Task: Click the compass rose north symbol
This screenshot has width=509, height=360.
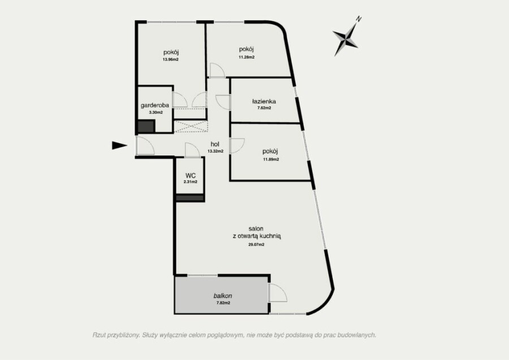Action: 346,37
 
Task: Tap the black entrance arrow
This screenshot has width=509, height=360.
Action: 119,145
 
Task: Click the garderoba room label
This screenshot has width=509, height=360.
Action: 154,105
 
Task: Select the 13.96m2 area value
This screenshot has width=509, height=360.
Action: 171,59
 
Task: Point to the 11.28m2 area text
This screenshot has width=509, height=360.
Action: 247,57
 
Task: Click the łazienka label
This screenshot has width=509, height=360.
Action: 264,101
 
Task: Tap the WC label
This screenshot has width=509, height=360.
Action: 190,175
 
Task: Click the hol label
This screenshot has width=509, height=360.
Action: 215,144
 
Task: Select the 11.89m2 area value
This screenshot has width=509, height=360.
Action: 271,159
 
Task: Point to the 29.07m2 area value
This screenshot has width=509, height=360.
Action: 256,245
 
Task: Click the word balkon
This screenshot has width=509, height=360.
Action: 223,296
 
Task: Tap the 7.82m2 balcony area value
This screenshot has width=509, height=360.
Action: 223,303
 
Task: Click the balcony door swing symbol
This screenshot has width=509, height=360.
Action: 278,293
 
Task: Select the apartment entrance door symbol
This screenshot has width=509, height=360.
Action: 145,145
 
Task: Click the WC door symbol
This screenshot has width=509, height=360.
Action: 192,150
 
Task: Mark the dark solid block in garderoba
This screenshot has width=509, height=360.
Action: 146,126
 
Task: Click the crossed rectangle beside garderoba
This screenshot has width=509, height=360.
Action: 191,126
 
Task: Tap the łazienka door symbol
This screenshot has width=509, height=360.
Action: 223,102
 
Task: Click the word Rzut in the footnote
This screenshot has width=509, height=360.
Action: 99,335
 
